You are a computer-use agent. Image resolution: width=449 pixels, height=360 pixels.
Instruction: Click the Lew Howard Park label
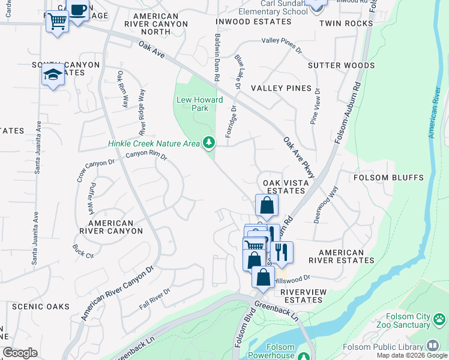click(199, 104)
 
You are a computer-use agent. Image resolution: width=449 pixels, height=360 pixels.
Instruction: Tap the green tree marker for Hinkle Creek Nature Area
click(209, 142)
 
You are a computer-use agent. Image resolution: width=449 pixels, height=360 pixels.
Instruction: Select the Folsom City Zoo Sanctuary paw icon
click(440, 319)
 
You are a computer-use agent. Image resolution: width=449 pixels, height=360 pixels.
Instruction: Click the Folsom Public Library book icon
click(432, 346)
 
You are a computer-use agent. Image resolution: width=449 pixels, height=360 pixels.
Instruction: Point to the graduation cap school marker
click(53, 75)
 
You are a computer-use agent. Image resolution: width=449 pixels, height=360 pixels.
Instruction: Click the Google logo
click(20, 353)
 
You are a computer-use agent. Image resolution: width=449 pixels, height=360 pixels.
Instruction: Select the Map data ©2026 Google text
click(412, 355)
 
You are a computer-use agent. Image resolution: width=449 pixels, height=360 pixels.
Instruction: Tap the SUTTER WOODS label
click(341, 65)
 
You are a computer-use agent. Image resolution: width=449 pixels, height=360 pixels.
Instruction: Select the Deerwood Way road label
click(325, 205)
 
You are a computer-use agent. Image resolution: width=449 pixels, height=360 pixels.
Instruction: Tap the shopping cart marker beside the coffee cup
click(57, 22)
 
